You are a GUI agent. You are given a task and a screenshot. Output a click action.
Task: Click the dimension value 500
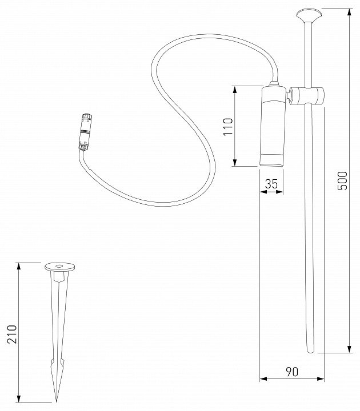tap(342, 180)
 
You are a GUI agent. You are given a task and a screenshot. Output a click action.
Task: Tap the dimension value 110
tap(228, 127)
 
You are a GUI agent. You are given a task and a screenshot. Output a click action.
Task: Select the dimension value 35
tap(271, 184)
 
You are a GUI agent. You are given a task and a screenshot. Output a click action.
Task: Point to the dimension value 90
tap(292, 372)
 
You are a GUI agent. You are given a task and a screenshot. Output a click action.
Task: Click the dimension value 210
tap(12, 334)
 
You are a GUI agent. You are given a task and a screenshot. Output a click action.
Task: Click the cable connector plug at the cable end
tap(85, 132)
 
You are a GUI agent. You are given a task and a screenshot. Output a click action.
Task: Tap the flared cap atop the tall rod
tap(309, 16)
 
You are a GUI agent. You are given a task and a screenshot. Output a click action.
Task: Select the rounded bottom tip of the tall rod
tap(310, 351)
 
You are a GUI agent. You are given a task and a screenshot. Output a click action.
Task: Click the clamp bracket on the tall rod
tap(306, 96)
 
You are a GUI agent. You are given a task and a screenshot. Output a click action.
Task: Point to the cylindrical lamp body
tap(272, 126)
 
